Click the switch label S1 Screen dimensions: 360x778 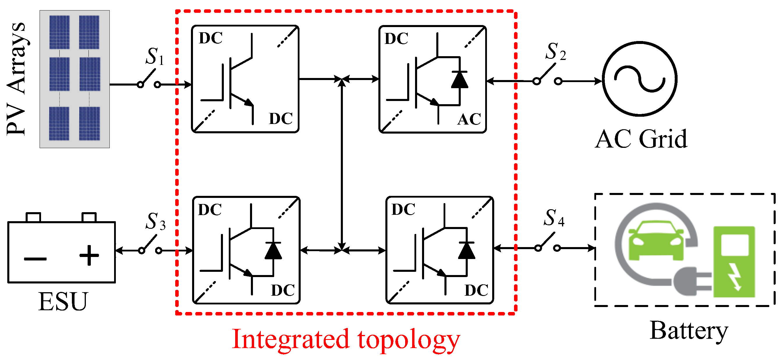[x=155, y=57]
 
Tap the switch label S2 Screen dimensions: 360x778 [x=555, y=52]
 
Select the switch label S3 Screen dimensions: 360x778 [x=155, y=221]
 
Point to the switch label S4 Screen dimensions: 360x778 [x=554, y=218]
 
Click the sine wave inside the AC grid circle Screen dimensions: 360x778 [x=639, y=79]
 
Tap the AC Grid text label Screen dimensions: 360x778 [x=641, y=139]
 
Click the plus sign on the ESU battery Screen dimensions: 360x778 [x=89, y=256]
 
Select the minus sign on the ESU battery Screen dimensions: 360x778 [x=35, y=259]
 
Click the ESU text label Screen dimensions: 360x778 [x=63, y=302]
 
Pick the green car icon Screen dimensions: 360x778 [x=656, y=240]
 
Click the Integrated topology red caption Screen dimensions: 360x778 [x=346, y=340]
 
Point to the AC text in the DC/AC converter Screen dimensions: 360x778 [x=469, y=119]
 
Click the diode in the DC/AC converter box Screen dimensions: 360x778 [x=459, y=80]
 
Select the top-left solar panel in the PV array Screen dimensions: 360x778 [x=59, y=32]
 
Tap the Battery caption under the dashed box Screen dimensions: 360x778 [x=689, y=331]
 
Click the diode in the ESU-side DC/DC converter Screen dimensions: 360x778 [x=273, y=251]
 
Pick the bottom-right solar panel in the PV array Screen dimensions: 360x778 [x=89, y=123]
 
